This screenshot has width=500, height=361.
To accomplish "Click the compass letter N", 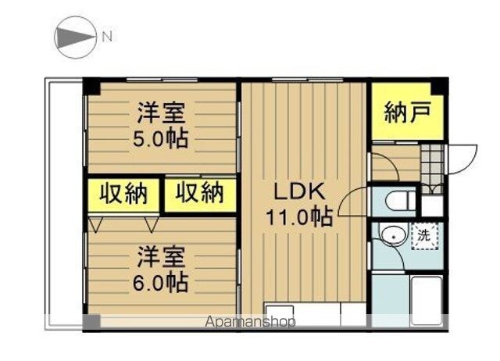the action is point(108,37).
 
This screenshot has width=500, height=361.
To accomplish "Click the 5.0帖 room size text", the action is point(160,139).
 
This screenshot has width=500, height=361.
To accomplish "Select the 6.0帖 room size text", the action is point(160,283).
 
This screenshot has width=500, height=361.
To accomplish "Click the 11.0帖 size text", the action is point(299,216).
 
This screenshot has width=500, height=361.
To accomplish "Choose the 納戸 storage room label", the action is point(408,112).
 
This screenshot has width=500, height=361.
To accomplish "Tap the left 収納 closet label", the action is point(123,193).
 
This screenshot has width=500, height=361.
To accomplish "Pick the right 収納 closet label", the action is point(200,193).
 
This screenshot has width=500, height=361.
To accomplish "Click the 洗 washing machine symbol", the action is point(424,236).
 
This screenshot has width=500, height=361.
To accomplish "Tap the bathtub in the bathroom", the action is point(427,301).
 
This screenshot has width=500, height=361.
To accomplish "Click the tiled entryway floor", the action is point(432,169).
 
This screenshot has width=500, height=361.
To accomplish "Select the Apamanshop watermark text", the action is point(250,322).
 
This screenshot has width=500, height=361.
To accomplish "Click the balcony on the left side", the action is point(64,204).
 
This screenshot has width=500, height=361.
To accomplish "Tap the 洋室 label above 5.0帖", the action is point(161,113).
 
